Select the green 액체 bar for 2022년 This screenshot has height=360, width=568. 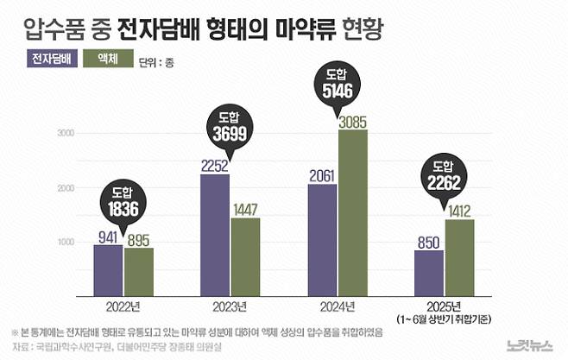[138, 271]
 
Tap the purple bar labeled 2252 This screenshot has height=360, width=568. [214, 234]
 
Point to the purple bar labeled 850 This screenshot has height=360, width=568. [428, 272]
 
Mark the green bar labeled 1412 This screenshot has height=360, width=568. [459, 256]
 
